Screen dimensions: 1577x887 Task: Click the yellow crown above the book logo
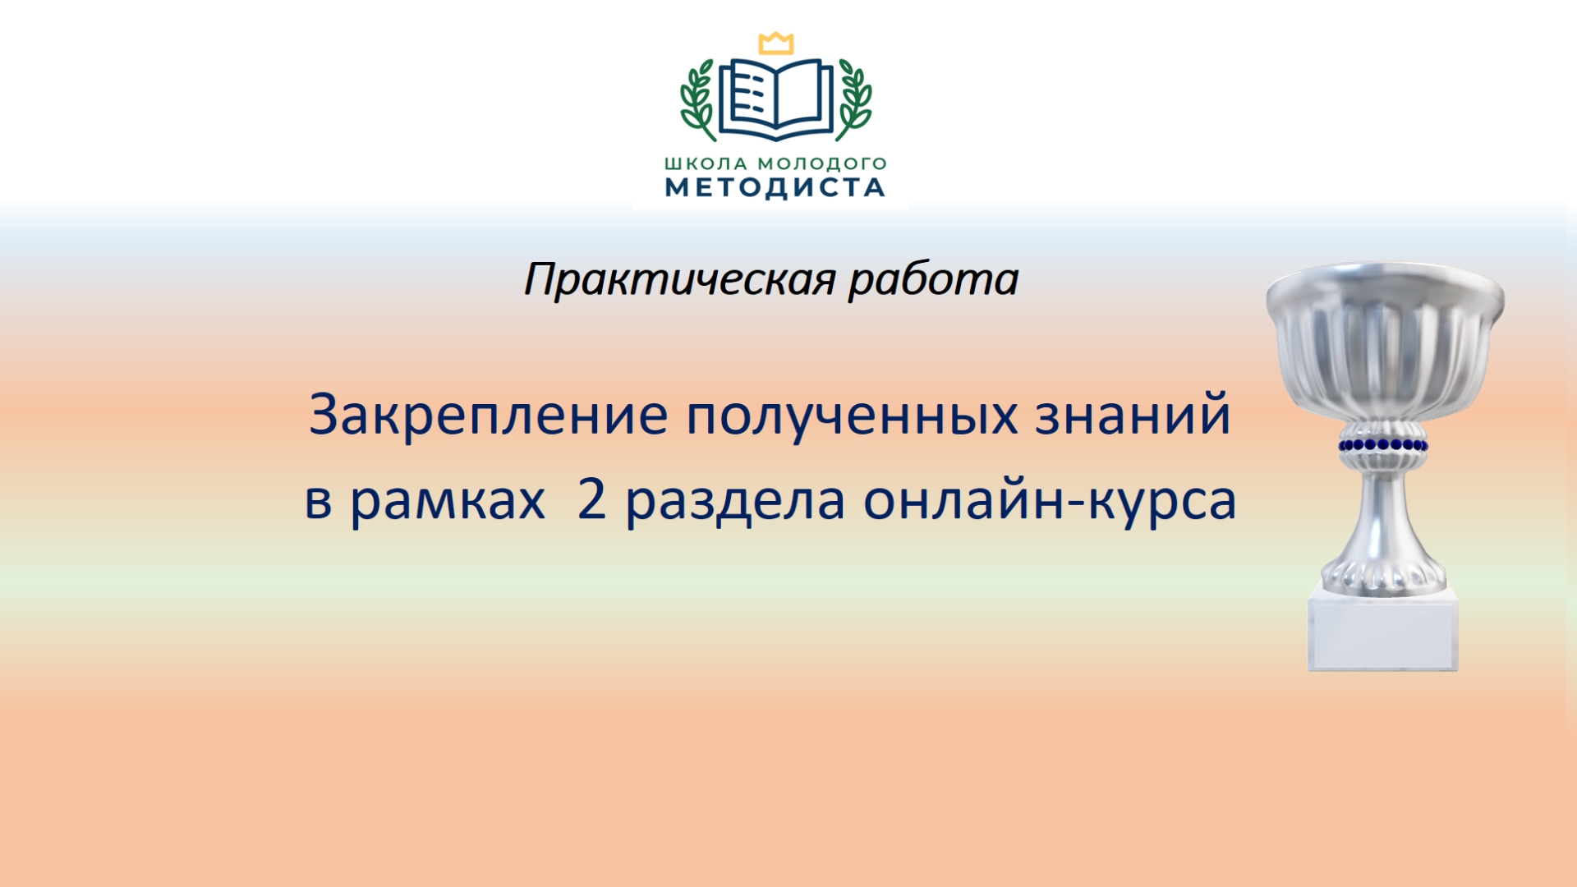pyautogui.click(x=775, y=44)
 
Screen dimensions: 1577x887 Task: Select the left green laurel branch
pyautogui.click(x=697, y=100)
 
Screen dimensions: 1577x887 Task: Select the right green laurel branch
pyautogui.click(x=855, y=100)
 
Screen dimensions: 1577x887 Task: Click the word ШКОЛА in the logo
pyautogui.click(x=706, y=163)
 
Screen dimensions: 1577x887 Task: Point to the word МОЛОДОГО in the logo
pyautogui.click(x=822, y=164)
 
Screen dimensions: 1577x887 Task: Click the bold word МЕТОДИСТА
pyautogui.click(x=775, y=188)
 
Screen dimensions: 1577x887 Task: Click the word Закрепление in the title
pyautogui.click(x=489, y=415)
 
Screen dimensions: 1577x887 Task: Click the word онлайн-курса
pyautogui.click(x=1050, y=500)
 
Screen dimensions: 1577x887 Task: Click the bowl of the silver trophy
pyautogui.click(x=1385, y=341)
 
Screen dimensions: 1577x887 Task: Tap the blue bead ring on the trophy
pyautogui.click(x=1384, y=446)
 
